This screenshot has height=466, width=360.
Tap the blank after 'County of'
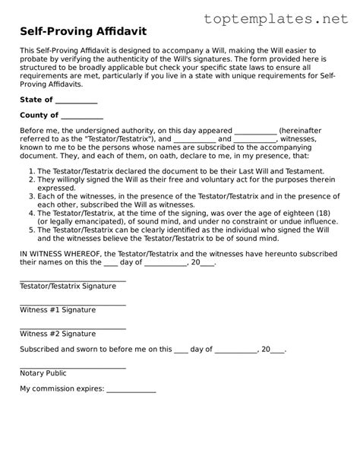click(81, 117)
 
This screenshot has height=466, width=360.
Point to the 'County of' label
click(39, 116)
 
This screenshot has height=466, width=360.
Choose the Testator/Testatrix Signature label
click(68, 286)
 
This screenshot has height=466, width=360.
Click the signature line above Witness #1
click(72, 303)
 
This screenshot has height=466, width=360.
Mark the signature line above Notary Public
click(72, 367)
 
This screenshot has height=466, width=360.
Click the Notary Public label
click(43, 373)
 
